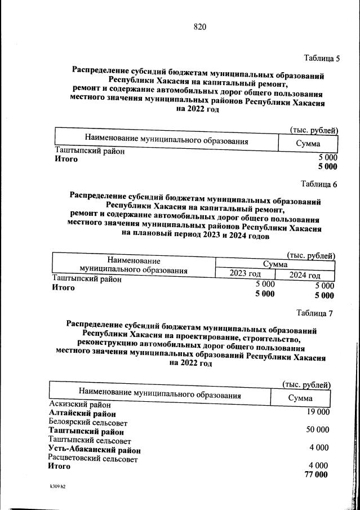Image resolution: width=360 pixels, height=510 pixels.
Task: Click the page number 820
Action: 201,27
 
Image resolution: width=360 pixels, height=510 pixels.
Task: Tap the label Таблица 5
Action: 322,58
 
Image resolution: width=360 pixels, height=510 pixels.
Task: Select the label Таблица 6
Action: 319,184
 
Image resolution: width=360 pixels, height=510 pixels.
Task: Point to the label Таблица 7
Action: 315,314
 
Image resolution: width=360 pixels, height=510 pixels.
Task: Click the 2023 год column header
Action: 245,274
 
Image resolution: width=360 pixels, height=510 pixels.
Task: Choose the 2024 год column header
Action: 305,275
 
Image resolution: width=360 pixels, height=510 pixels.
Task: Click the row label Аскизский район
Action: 80,405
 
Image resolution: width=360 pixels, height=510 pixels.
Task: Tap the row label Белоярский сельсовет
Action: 88,423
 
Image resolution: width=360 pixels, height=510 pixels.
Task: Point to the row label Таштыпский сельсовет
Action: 90,441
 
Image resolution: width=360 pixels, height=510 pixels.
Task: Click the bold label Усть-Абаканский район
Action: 95,450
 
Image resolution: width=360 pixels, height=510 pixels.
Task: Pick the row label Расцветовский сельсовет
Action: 93,459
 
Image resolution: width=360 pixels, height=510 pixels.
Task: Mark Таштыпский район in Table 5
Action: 90,151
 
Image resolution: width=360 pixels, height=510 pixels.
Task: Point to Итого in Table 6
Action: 63,287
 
